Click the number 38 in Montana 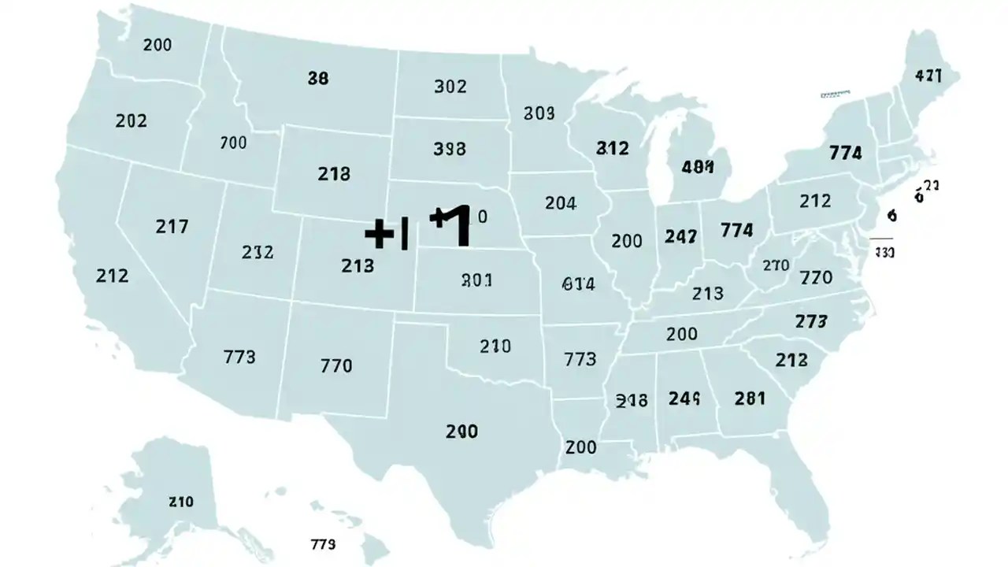click(318, 78)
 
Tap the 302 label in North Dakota click(450, 87)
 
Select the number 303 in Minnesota click(539, 114)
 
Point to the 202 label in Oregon click(131, 121)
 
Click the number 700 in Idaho click(233, 143)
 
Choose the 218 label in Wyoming click(334, 174)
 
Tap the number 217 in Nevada click(172, 227)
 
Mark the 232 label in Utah click(258, 253)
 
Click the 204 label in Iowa click(561, 203)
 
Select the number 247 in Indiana click(680, 235)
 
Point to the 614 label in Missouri click(579, 285)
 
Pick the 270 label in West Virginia click(776, 265)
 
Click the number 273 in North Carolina click(811, 321)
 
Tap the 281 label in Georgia click(750, 398)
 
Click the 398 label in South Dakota click(450, 148)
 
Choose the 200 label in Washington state click(157, 45)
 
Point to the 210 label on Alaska click(181, 502)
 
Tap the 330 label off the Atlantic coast click(884, 253)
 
